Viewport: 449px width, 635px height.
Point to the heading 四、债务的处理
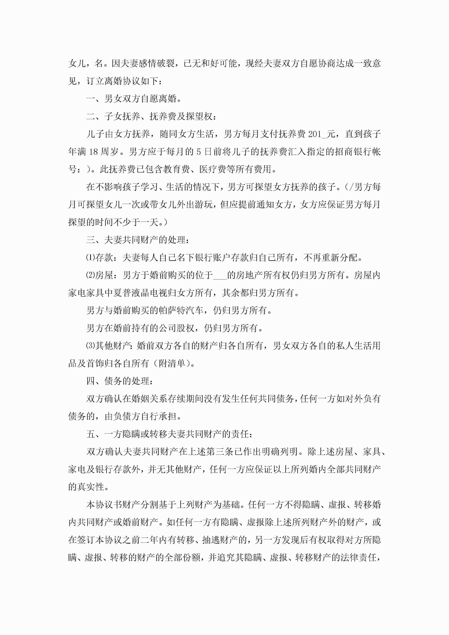[119, 381]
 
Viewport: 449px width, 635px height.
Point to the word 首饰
[95, 363]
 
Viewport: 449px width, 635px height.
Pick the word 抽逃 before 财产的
[211, 540]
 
